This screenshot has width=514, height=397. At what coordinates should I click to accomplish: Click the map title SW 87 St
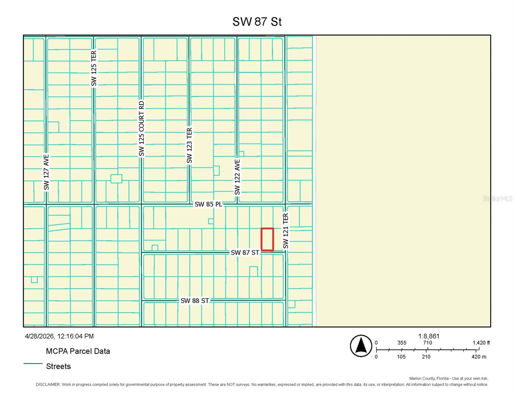click(257, 22)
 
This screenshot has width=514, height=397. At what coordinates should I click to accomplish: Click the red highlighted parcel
click(267, 239)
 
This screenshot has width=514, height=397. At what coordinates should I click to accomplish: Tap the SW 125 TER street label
click(94, 68)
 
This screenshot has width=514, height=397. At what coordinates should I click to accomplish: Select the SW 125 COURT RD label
click(142, 129)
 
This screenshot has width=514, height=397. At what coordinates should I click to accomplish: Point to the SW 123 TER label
click(189, 146)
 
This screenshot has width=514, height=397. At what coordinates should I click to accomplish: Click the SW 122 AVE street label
click(237, 177)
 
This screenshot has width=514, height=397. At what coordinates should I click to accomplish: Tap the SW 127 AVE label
click(46, 172)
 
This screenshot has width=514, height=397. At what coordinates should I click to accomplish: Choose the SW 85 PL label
click(208, 204)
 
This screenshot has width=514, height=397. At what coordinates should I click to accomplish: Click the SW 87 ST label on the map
click(245, 252)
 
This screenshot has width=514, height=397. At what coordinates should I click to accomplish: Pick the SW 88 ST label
click(195, 301)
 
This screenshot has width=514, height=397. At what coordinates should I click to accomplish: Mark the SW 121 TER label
click(286, 231)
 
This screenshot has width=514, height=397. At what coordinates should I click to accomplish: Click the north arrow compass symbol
click(361, 346)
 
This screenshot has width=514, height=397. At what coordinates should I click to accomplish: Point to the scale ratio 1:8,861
click(429, 336)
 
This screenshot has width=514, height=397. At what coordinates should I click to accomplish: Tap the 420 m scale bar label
click(479, 357)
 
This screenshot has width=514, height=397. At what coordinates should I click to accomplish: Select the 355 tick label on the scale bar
click(402, 343)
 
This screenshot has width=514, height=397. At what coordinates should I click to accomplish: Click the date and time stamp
click(59, 336)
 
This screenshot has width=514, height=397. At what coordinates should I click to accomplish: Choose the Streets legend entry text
click(58, 366)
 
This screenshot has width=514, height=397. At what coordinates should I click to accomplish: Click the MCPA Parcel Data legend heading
click(78, 351)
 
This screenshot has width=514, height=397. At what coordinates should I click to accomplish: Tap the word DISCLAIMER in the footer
click(48, 384)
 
